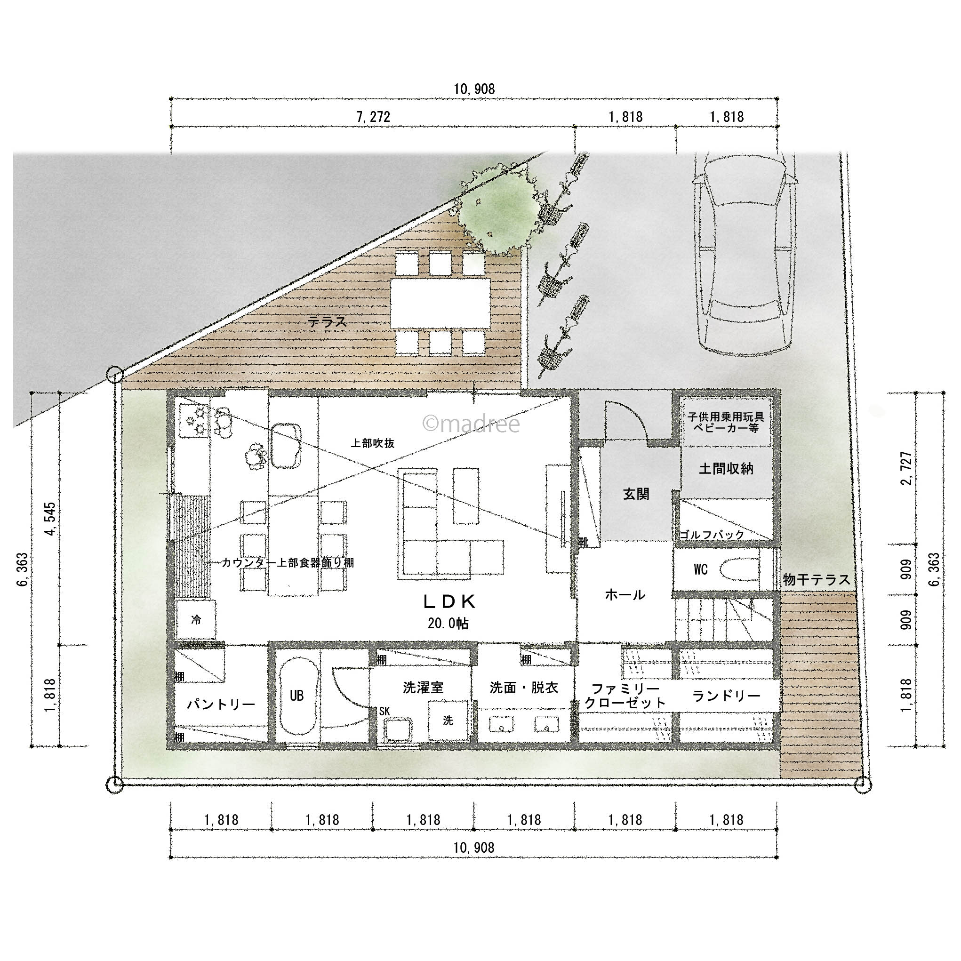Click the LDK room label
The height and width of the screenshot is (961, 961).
[449, 602]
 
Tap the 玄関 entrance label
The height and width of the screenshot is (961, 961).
[636, 494]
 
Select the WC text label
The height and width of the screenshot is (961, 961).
[700, 569]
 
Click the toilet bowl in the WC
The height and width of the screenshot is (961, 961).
[740, 569]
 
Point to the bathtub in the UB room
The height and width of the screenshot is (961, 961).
[297, 696]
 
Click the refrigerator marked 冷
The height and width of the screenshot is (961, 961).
[196, 620]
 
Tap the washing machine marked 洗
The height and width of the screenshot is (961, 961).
[448, 720]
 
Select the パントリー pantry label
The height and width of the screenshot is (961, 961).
[221, 705]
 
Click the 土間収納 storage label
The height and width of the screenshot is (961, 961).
[726, 468]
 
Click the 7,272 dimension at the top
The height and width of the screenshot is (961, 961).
[373, 116]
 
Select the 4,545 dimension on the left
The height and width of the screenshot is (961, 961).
[51, 519]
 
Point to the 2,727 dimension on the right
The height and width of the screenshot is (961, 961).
[906, 468]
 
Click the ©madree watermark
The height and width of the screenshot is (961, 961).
[471, 424]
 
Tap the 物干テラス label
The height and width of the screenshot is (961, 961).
[816, 579]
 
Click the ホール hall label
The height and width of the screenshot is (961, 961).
[625, 594]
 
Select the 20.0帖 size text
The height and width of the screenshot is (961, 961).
[448, 623]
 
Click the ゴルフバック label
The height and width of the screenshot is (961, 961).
[712, 535]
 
